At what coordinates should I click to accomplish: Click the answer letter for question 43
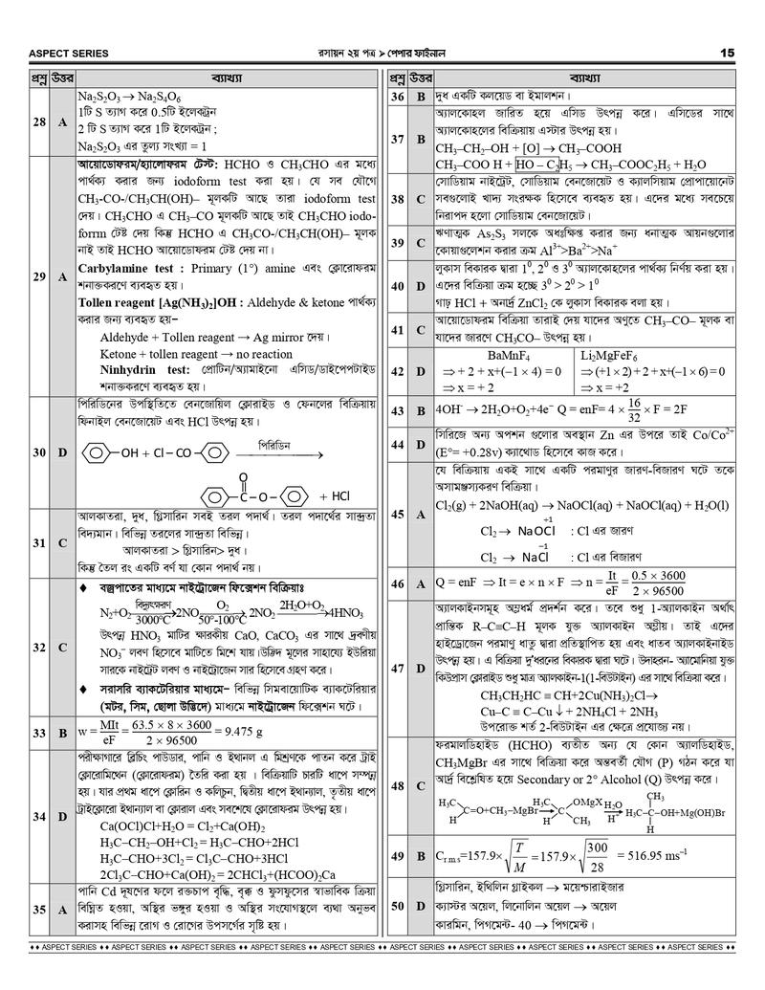[x=421, y=410]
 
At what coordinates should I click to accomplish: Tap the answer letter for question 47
[x=421, y=668]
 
